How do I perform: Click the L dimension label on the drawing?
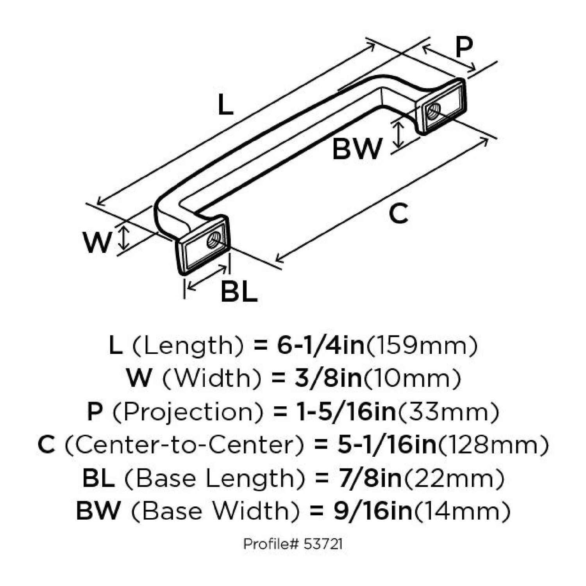(x=225, y=105)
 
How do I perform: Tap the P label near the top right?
(x=464, y=48)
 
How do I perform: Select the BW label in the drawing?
(x=357, y=149)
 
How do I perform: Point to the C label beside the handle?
(x=398, y=214)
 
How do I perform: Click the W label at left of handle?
(x=97, y=242)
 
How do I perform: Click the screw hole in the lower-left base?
(x=213, y=240)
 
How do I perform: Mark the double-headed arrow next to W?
(x=124, y=239)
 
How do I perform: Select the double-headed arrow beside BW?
(x=398, y=135)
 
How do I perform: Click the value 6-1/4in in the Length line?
(x=321, y=346)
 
